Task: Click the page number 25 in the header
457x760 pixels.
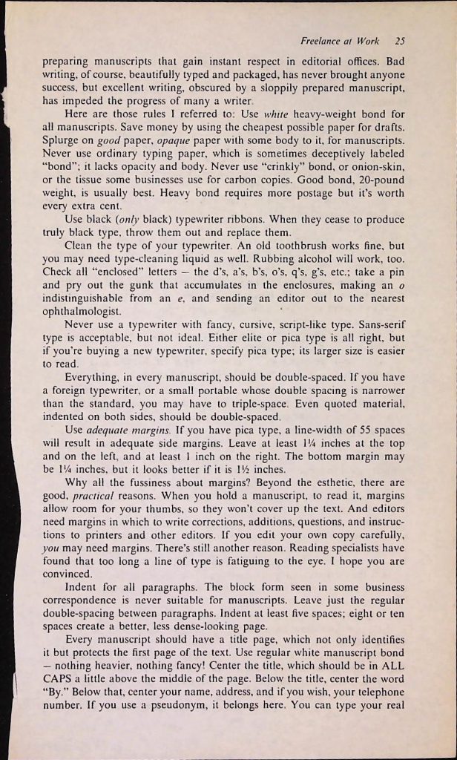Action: coord(399,42)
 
